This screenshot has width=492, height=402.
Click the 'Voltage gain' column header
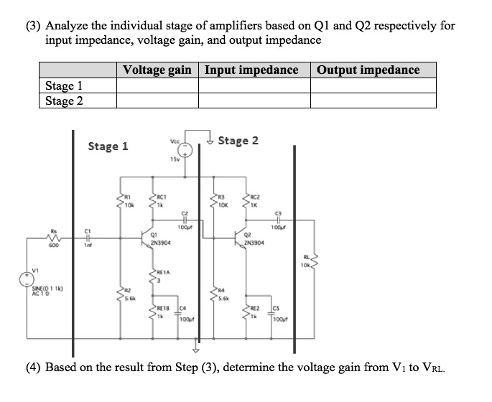coord(157,70)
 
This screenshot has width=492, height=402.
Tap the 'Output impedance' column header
coord(368,70)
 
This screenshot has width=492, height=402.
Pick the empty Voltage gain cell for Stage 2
coord(157,100)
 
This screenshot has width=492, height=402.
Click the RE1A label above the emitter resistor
coord(164,272)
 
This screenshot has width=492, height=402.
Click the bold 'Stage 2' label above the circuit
coord(238,140)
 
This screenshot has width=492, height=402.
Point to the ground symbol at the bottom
coord(193,350)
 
